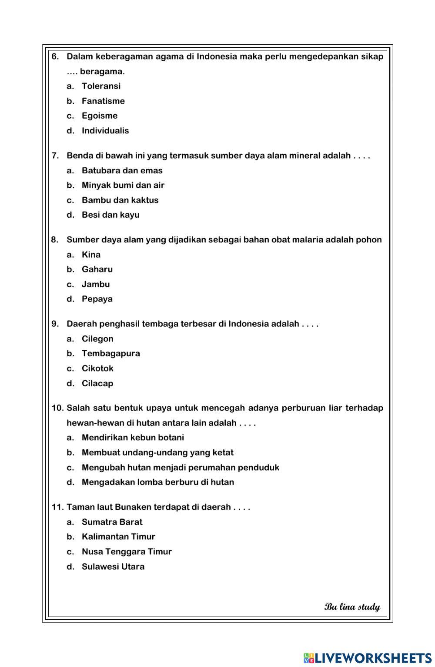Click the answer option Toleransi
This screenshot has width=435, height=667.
(101, 86)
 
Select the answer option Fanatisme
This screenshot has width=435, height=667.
(103, 101)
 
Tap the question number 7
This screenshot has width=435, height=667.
(55, 156)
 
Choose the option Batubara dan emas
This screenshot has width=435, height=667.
(122, 170)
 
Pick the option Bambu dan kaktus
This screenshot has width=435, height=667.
(120, 200)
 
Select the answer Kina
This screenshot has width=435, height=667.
(91, 255)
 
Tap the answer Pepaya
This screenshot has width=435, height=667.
(97, 299)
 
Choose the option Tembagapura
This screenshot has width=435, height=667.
(111, 353)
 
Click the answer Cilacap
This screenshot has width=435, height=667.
(97, 383)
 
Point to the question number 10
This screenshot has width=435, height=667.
(57, 408)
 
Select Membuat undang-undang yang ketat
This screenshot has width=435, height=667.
(157, 452)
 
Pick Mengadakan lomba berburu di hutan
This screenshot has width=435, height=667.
(157, 482)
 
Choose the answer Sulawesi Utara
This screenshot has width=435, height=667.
(113, 566)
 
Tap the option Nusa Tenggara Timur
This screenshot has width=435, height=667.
(127, 551)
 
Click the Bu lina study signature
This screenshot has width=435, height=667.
(352, 607)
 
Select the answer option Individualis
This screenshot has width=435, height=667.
(105, 130)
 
